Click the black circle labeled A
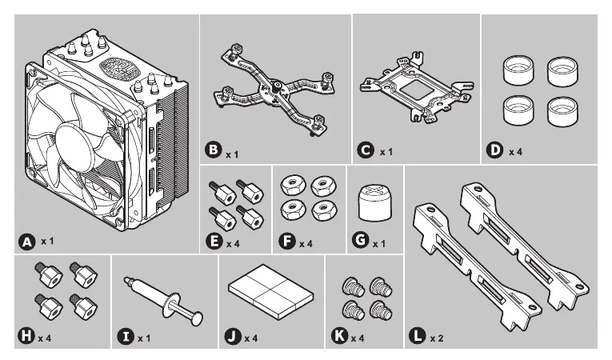(x=26, y=240)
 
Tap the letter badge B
(x=214, y=150)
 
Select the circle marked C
(x=366, y=150)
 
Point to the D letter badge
(x=495, y=150)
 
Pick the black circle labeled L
(x=418, y=336)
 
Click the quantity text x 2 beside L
(x=437, y=338)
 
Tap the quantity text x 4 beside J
(x=251, y=338)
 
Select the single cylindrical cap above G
(x=374, y=204)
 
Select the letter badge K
(x=341, y=336)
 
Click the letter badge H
(x=26, y=336)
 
